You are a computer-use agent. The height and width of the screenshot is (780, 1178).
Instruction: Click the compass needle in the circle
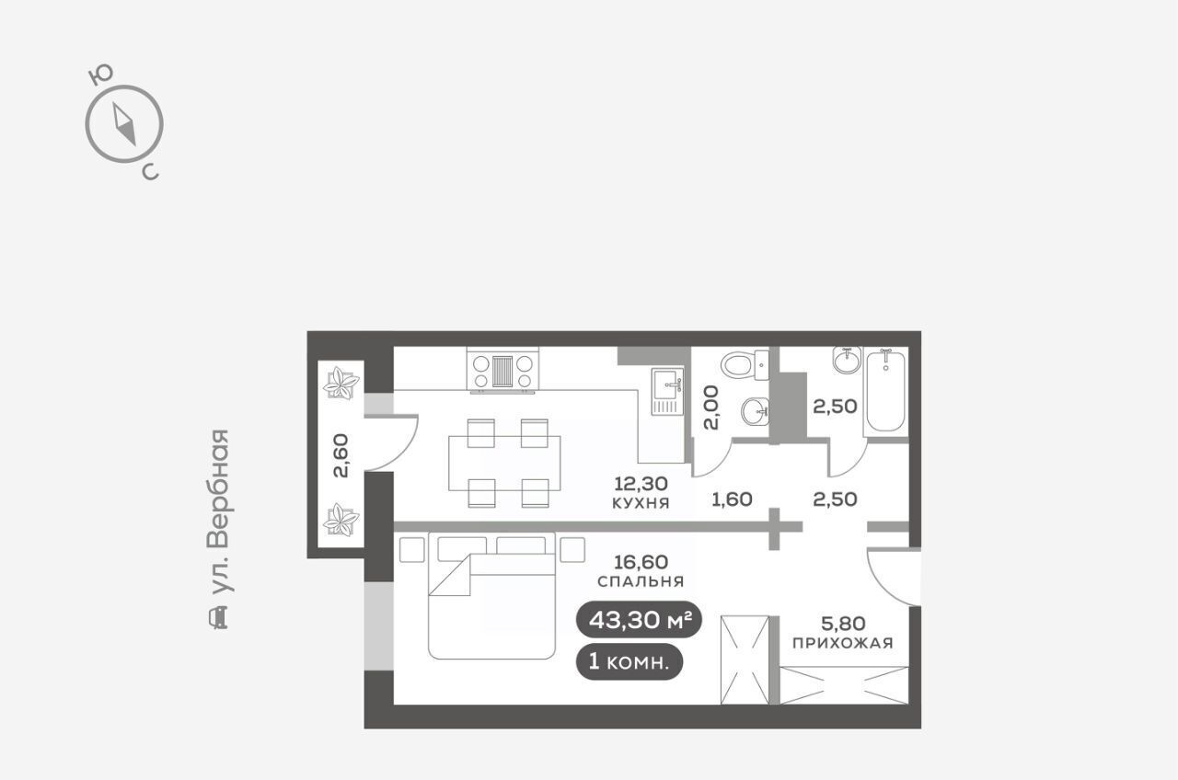coord(124,124)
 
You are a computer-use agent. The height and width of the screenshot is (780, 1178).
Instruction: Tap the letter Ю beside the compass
coord(100,75)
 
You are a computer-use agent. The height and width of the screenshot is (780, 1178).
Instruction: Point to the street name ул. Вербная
coord(219,512)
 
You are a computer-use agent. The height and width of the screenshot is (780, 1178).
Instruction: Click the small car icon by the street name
coord(219,617)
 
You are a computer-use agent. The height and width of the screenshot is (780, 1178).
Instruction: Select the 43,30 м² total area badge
coord(639,620)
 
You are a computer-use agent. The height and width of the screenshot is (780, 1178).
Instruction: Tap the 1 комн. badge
coord(629,661)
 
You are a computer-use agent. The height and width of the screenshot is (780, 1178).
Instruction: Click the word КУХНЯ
coord(641,503)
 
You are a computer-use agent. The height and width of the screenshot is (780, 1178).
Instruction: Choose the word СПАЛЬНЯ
coord(641,581)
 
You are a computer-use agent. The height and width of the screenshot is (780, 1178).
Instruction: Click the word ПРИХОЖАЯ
coord(842,643)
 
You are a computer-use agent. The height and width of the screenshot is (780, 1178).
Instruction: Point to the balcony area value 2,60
coord(341,455)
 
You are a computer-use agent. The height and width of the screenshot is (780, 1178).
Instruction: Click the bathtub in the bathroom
coord(885,391)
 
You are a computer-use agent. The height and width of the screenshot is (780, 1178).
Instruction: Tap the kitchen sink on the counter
coord(667,391)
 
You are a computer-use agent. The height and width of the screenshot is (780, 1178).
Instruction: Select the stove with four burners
coord(502,371)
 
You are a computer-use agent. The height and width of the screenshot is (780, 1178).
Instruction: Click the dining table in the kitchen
coord(504,463)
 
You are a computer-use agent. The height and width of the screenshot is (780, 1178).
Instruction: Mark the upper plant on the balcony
coord(341,384)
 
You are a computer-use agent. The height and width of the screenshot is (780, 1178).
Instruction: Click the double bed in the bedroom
coord(491,595)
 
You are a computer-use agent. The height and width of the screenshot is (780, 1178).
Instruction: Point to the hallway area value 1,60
coord(732,499)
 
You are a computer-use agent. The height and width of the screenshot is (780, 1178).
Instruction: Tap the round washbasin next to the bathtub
coord(848,360)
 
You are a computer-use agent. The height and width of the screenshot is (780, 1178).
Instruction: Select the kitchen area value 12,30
coord(641,483)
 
